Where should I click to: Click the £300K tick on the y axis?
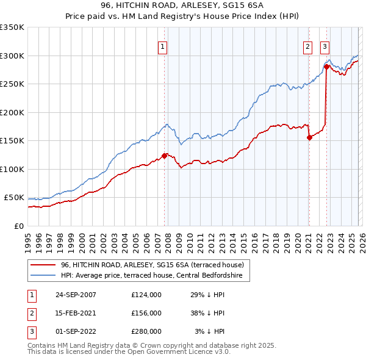pyautogui.click(x=12, y=56)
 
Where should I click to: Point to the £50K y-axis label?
pyautogui.click(x=14, y=198)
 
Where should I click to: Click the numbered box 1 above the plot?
pyautogui.click(x=163, y=46)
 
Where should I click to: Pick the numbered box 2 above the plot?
pyautogui.click(x=308, y=46)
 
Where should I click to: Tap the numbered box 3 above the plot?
pyautogui.click(x=325, y=46)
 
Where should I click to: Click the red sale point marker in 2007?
pyautogui.click(x=164, y=156)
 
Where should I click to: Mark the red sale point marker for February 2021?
pyautogui.click(x=309, y=137)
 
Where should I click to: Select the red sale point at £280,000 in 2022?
pyautogui.click(x=326, y=67)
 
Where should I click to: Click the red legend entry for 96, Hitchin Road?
pyautogui.click(x=152, y=265)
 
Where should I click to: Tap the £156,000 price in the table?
pyautogui.click(x=146, y=313)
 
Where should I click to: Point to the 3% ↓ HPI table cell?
pyautogui.click(x=210, y=331)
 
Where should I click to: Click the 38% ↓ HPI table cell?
pyautogui.click(x=207, y=313)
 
